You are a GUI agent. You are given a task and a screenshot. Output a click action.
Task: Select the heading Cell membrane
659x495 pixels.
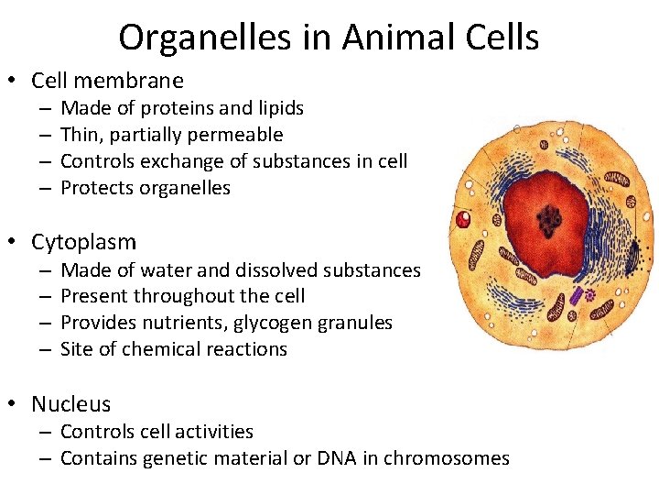(x=107, y=81)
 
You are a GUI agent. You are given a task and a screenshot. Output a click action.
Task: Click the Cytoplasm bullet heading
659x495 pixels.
(x=83, y=242)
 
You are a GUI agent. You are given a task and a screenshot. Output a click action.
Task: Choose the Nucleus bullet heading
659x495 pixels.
(x=70, y=403)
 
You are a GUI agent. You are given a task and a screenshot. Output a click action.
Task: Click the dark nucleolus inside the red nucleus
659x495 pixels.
(x=550, y=219)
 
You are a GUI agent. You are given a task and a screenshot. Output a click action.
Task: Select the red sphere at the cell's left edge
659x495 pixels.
(x=464, y=219)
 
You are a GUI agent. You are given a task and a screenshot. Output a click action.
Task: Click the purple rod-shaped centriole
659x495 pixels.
(x=576, y=296)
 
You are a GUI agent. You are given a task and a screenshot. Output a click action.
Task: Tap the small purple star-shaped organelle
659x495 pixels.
(x=590, y=296)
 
